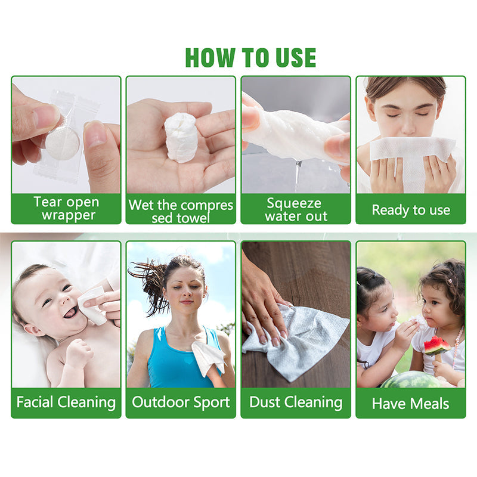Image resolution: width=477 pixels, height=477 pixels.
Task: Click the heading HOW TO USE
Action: click(250, 57)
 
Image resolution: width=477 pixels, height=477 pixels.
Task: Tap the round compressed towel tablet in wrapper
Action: click(63, 143)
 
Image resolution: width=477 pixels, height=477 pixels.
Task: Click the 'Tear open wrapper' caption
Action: click(67, 208)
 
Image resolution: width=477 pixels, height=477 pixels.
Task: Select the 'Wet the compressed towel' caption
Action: click(181, 211)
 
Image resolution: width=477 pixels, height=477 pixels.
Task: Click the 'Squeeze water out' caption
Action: click(296, 210)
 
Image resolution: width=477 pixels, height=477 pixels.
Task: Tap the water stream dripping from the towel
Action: click(298, 176)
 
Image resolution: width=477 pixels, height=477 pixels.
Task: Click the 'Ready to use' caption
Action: click(411, 210)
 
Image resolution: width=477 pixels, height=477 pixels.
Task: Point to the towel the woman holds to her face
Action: click(413, 158)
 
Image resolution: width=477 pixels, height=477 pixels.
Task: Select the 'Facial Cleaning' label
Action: click(66, 402)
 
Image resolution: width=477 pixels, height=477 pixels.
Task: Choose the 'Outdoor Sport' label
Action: click(181, 402)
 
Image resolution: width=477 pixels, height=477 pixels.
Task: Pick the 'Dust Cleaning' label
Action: click(296, 402)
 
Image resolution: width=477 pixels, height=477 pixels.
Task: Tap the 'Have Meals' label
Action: click(410, 404)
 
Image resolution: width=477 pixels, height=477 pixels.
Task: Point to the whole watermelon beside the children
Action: click(411, 380)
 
